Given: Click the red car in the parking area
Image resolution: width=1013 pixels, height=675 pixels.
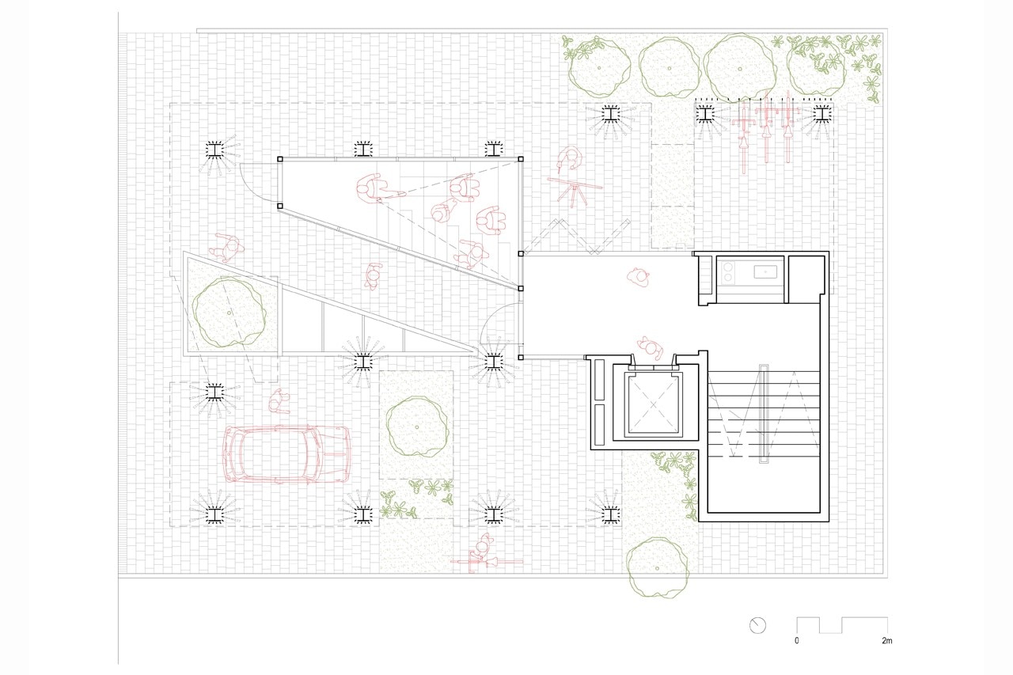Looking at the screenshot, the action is pos(286,454).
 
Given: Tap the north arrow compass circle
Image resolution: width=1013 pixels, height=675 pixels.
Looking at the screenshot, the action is pos(757,626).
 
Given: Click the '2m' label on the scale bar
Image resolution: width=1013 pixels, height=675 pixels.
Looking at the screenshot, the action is pos(886,641).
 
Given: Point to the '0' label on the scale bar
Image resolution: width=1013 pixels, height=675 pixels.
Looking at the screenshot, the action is pos(797,641).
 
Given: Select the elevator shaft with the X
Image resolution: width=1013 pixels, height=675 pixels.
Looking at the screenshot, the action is pos(653,404).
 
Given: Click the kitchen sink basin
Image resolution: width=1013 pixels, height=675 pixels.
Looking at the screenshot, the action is pos(765,272).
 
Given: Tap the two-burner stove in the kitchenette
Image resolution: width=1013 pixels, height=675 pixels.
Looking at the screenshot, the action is pos(727,272).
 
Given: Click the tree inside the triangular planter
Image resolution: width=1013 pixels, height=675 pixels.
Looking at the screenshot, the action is pos(229,313).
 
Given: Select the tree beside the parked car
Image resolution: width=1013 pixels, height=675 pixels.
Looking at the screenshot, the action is pos(417,427).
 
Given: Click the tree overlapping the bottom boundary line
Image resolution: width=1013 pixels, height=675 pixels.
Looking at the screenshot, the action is pos(657,568).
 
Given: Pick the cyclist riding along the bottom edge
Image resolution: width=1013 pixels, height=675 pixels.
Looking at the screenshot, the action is pos(485,556).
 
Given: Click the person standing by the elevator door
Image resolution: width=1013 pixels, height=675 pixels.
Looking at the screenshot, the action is pos(650,347).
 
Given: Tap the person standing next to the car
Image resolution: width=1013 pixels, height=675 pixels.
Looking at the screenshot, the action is pos(279,401).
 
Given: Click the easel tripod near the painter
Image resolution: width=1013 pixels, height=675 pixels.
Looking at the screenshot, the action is pos(575,192).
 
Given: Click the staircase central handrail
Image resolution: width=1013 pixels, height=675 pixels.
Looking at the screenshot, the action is pos(764,414).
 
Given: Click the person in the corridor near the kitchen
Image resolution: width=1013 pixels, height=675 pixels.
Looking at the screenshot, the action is pos(638,277).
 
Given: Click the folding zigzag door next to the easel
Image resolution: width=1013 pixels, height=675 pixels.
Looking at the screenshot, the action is pos(577,236).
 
